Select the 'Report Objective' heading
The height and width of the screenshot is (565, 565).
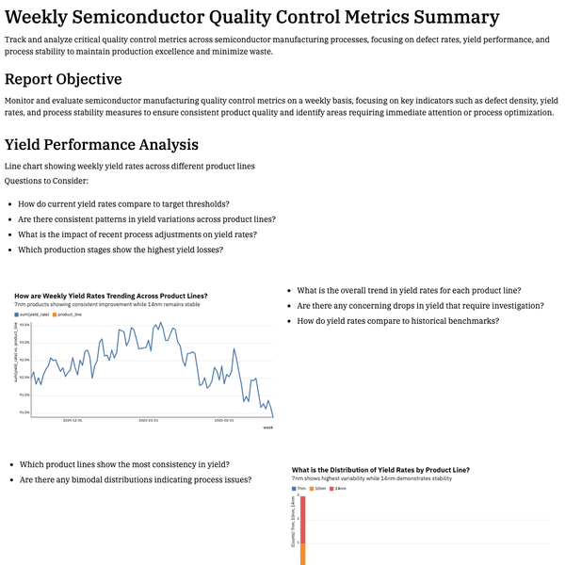(75, 79)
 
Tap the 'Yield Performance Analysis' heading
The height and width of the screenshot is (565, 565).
(102, 145)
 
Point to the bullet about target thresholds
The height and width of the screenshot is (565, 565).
(124, 203)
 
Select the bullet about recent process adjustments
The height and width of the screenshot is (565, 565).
(137, 234)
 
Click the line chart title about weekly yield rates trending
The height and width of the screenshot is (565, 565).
(111, 297)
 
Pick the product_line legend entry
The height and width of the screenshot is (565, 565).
(70, 315)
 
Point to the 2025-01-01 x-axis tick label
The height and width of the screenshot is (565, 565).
(148, 421)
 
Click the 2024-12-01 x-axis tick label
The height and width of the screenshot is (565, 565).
(73, 421)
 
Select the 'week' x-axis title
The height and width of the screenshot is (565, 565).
(267, 428)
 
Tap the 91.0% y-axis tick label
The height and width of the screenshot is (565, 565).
(24, 412)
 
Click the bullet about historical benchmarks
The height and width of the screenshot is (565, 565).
(397, 321)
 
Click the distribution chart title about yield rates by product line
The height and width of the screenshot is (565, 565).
(380, 469)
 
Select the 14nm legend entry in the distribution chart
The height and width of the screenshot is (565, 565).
(340, 489)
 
